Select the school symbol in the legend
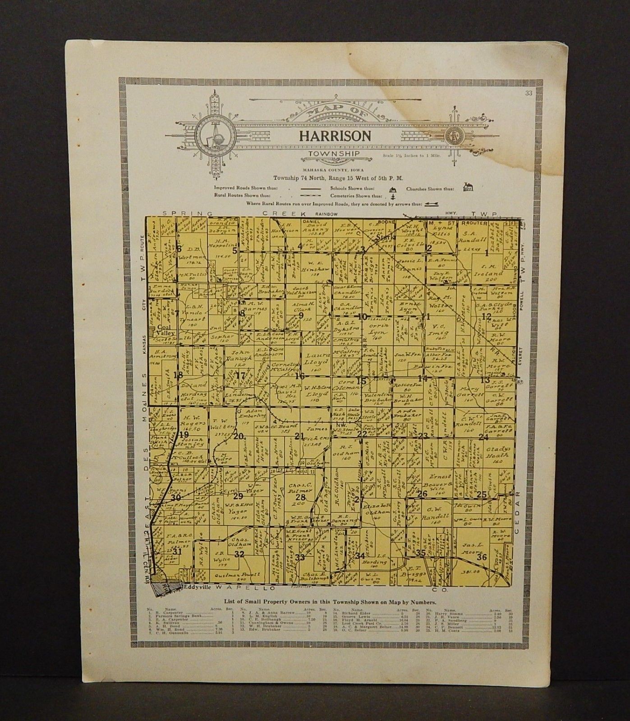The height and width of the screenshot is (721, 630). pos(392,189)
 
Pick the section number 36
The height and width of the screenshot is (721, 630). pos(481,557)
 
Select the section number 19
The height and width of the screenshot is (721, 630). pos(183,434)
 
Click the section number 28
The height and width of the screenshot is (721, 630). pos(300,497)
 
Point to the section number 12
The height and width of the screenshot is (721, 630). pos(486,316)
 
